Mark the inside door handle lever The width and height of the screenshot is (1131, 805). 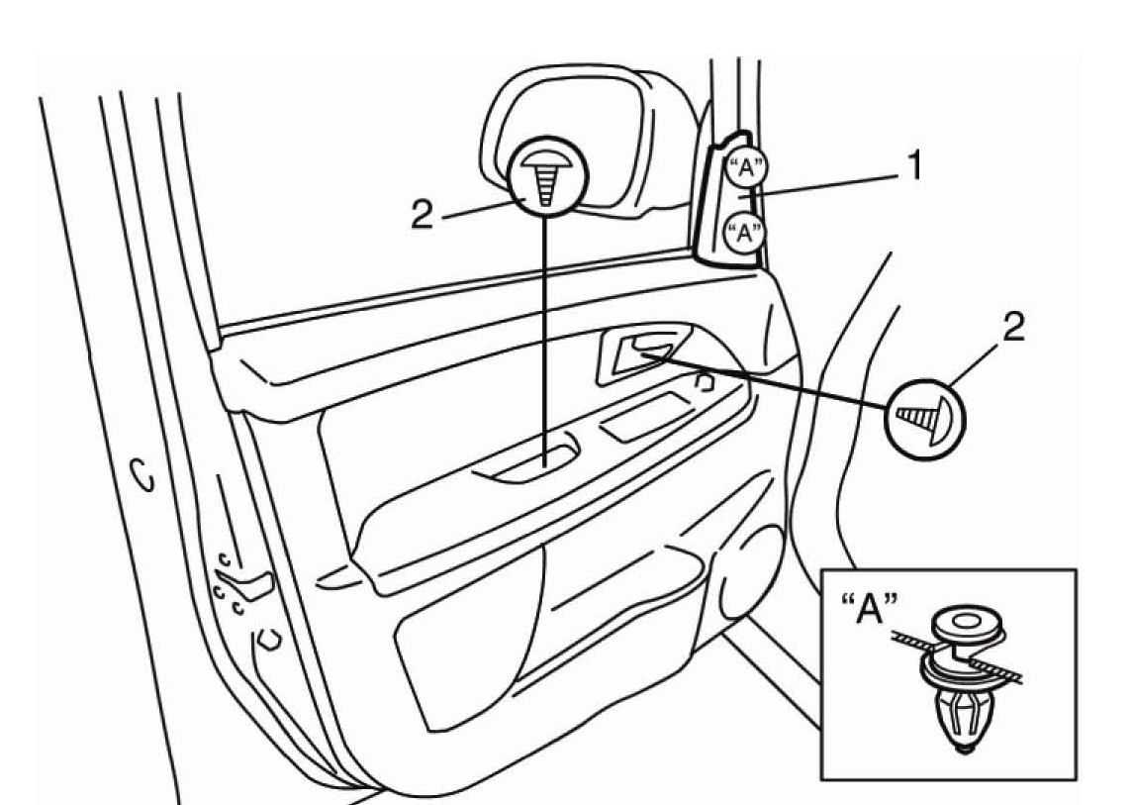click(644, 353)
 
